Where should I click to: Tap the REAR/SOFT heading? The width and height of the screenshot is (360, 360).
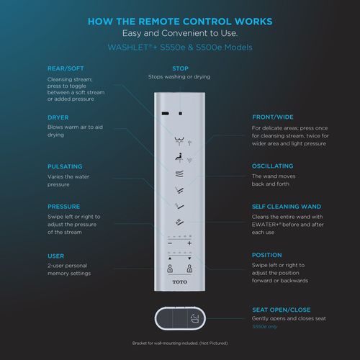66,68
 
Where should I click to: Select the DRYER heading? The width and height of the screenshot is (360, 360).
58,117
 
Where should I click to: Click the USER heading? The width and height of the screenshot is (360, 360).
55,255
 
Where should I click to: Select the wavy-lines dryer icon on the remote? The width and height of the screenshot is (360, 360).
179,172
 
